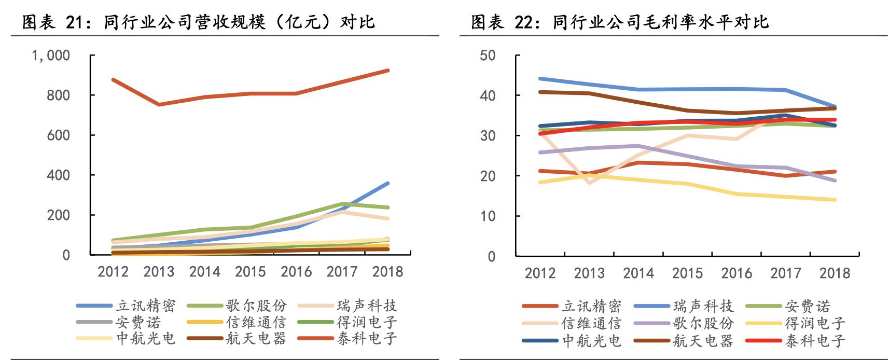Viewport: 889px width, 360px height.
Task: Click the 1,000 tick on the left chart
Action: tap(51, 56)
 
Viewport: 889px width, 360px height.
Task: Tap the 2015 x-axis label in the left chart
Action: tap(250, 271)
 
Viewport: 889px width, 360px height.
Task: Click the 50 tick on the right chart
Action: tap(487, 56)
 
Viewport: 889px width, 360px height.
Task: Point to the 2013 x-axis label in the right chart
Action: tap(589, 273)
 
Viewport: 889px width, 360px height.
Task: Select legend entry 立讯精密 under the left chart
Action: tap(146, 306)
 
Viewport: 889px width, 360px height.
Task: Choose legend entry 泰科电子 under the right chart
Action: tap(815, 341)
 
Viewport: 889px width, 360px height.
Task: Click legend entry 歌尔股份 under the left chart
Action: tap(256, 306)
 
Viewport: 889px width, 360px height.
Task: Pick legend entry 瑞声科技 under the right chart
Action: tap(703, 306)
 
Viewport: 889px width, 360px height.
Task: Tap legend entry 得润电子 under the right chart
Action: tap(815, 323)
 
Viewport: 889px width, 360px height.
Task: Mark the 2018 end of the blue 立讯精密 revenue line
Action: tap(388, 183)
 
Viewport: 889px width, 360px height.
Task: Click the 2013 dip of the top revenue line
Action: tap(159, 105)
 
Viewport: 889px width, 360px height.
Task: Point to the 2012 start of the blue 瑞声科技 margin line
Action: tap(540, 78)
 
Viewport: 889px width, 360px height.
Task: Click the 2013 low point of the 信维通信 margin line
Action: tap(589, 183)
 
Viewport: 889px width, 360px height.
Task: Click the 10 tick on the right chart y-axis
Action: tap(487, 216)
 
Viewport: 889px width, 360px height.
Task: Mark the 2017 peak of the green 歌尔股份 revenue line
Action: tap(343, 203)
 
